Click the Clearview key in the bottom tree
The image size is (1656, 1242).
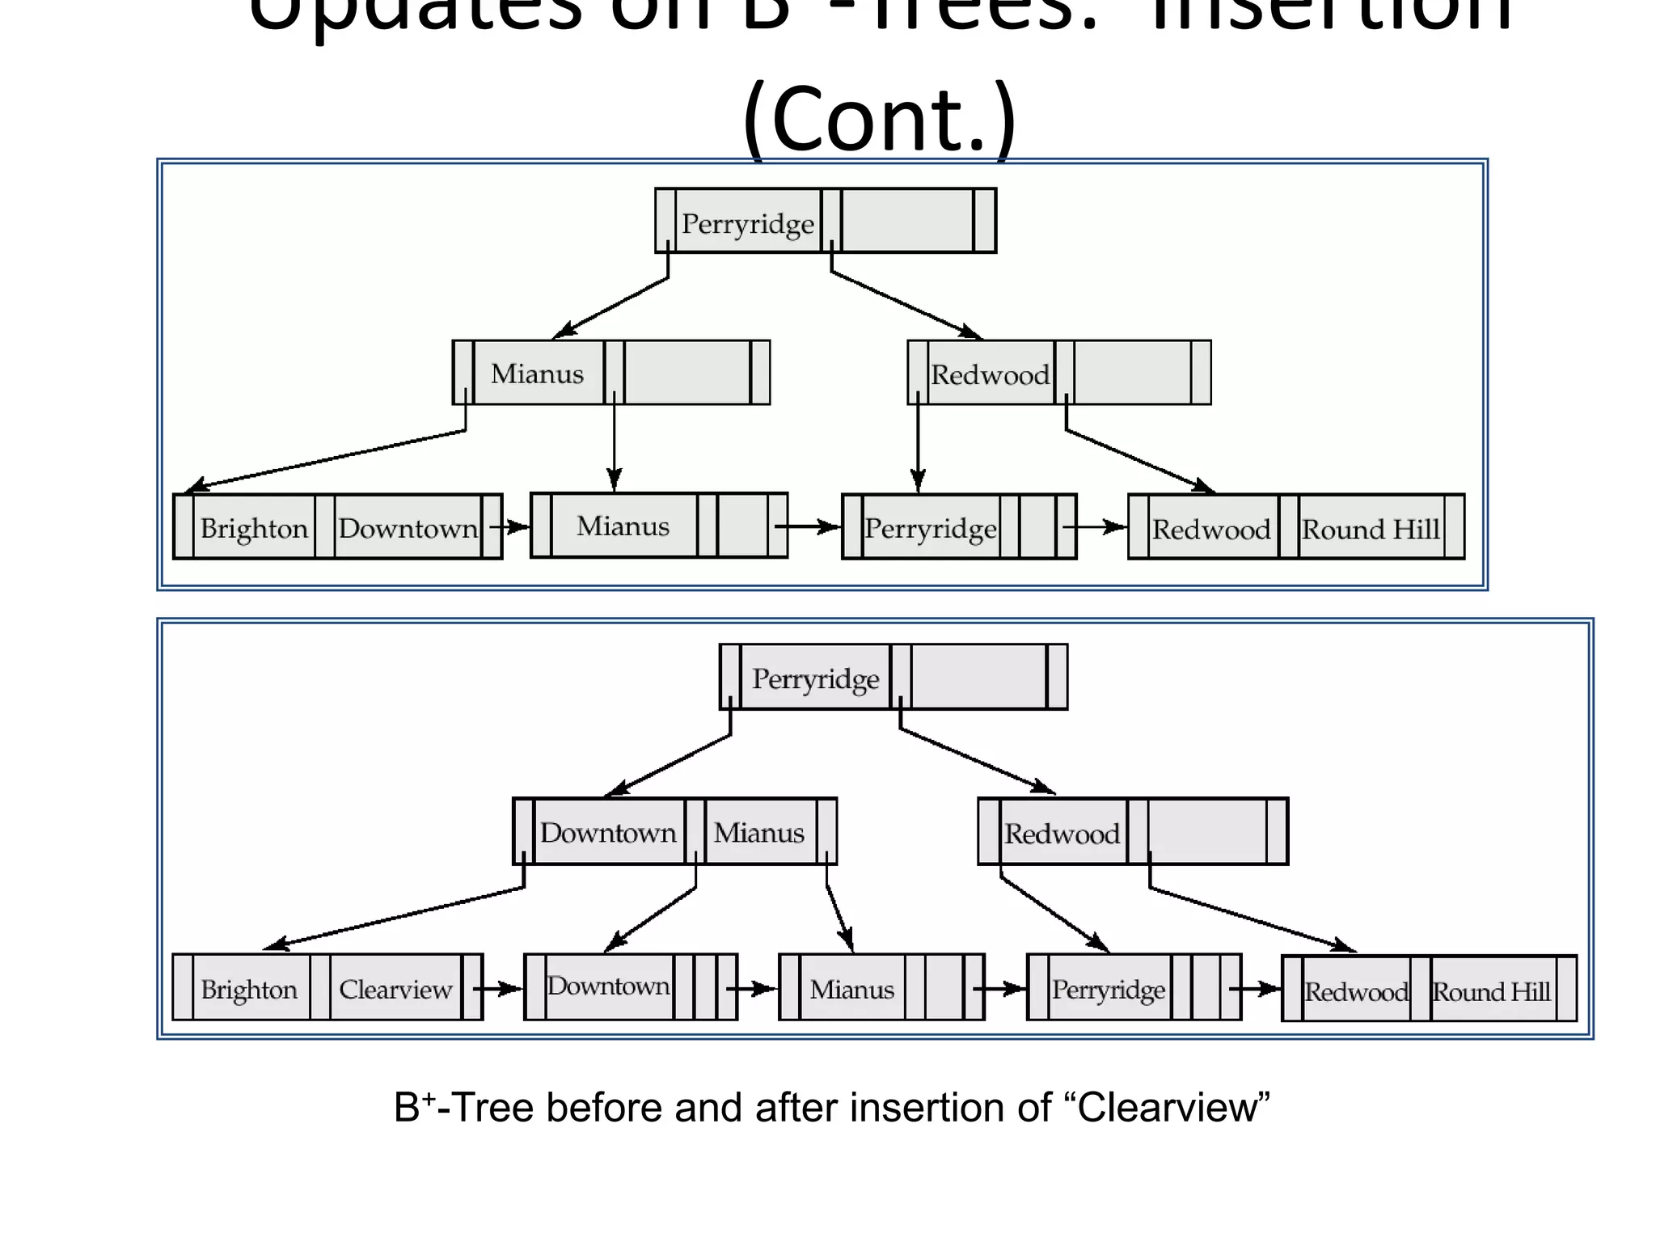pyautogui.click(x=395, y=989)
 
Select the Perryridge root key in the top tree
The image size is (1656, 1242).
pyautogui.click(x=748, y=223)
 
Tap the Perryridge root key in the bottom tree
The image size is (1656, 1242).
pyautogui.click(x=815, y=678)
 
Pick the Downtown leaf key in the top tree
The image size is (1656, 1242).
pyautogui.click(x=408, y=528)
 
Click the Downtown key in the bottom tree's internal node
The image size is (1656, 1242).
pyautogui.click(x=608, y=833)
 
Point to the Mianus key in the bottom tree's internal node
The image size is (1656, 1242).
pyautogui.click(x=758, y=833)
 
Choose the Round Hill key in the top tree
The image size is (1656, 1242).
pyautogui.click(x=1371, y=530)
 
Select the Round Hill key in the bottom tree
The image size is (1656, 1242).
pyautogui.click(x=1491, y=991)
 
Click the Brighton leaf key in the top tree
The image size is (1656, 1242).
pyautogui.click(x=254, y=528)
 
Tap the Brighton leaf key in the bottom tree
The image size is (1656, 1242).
pyautogui.click(x=249, y=989)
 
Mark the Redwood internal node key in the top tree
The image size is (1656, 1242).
pyautogui.click(x=990, y=374)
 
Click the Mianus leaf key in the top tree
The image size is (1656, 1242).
pyautogui.click(x=623, y=526)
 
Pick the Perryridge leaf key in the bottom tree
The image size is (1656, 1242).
pyautogui.click(x=1108, y=989)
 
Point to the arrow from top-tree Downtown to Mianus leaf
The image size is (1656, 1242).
pyautogui.click(x=512, y=527)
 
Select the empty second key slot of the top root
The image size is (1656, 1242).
pyautogui.click(x=907, y=221)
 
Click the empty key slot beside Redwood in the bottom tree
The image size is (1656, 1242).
pyautogui.click(x=1206, y=832)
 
